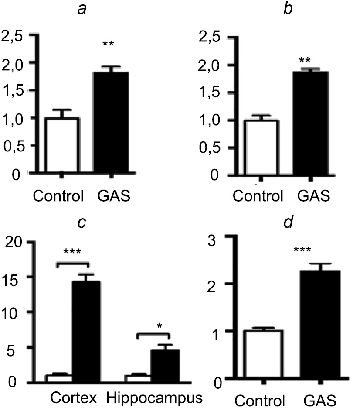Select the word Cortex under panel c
(x=74, y=398)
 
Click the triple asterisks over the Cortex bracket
(x=73, y=252)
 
